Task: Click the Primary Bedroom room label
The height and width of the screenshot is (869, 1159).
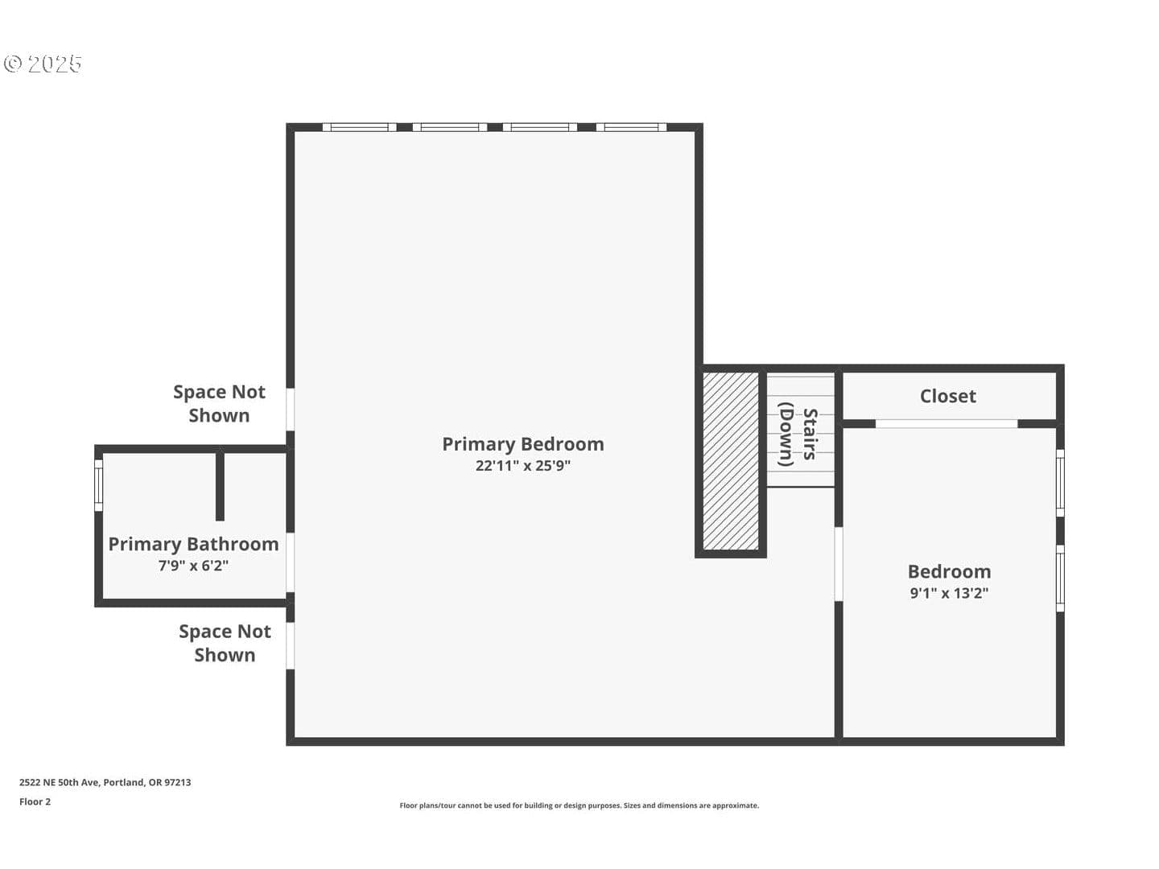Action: (x=522, y=444)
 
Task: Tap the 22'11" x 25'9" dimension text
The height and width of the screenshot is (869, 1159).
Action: (x=522, y=466)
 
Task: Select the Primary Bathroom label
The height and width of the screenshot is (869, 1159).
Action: (x=193, y=545)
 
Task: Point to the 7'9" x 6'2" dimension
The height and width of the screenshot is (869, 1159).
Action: (x=193, y=566)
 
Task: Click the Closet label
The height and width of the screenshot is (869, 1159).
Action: (x=948, y=396)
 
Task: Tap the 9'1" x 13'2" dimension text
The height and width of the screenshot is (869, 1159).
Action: (x=949, y=593)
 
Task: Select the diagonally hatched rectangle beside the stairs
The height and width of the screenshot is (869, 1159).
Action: (x=730, y=462)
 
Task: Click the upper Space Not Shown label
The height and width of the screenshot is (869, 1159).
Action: (x=219, y=404)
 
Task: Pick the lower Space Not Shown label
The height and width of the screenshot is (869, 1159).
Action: (x=225, y=643)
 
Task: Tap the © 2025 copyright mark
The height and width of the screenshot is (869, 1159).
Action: (x=43, y=64)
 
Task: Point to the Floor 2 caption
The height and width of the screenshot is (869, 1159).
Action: (x=35, y=802)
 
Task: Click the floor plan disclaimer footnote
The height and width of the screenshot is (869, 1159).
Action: (x=579, y=805)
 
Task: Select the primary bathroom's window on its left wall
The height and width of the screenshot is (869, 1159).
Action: (x=98, y=485)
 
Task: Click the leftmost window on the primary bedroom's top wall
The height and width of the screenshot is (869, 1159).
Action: (x=360, y=127)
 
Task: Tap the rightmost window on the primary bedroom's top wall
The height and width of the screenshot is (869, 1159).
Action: (x=631, y=127)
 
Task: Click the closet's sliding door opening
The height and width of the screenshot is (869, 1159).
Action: (x=947, y=424)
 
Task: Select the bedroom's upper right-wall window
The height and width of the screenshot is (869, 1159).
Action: (x=1060, y=484)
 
